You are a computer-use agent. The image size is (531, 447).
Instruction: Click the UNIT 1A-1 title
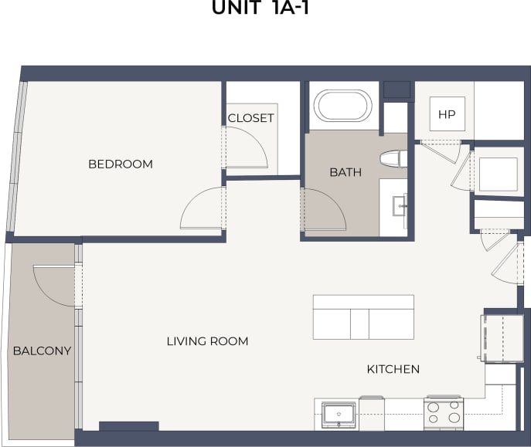[265, 9]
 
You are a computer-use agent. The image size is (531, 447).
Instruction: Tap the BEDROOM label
[120, 164]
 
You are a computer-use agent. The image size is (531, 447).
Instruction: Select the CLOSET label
[250, 118]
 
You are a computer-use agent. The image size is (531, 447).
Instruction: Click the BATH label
[345, 172]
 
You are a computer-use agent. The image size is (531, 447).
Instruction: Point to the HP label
[446, 115]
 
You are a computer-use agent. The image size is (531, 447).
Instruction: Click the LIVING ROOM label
[207, 341]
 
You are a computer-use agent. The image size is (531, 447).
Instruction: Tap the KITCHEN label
[393, 370]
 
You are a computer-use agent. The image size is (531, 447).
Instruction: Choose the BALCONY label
[42, 351]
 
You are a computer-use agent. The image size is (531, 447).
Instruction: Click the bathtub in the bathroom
[343, 105]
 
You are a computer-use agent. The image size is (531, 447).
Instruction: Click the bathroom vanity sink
[400, 205]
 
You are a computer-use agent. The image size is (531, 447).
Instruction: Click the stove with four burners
[444, 414]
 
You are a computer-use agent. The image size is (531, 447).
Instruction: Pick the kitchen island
[363, 317]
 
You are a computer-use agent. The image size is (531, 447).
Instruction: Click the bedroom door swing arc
[200, 209]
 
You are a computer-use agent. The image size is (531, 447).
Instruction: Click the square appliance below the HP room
[498, 174]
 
